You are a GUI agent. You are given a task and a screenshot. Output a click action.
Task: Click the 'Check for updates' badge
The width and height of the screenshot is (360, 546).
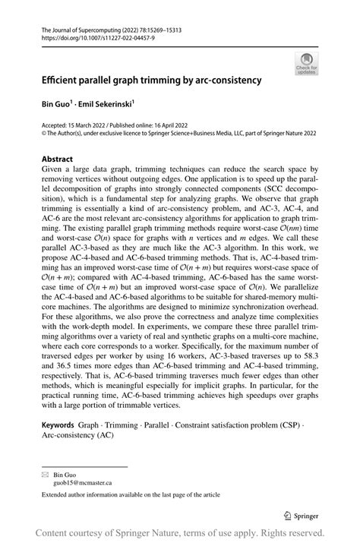307,64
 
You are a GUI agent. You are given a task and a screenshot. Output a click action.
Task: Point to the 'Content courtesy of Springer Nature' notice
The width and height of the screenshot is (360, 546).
180,532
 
